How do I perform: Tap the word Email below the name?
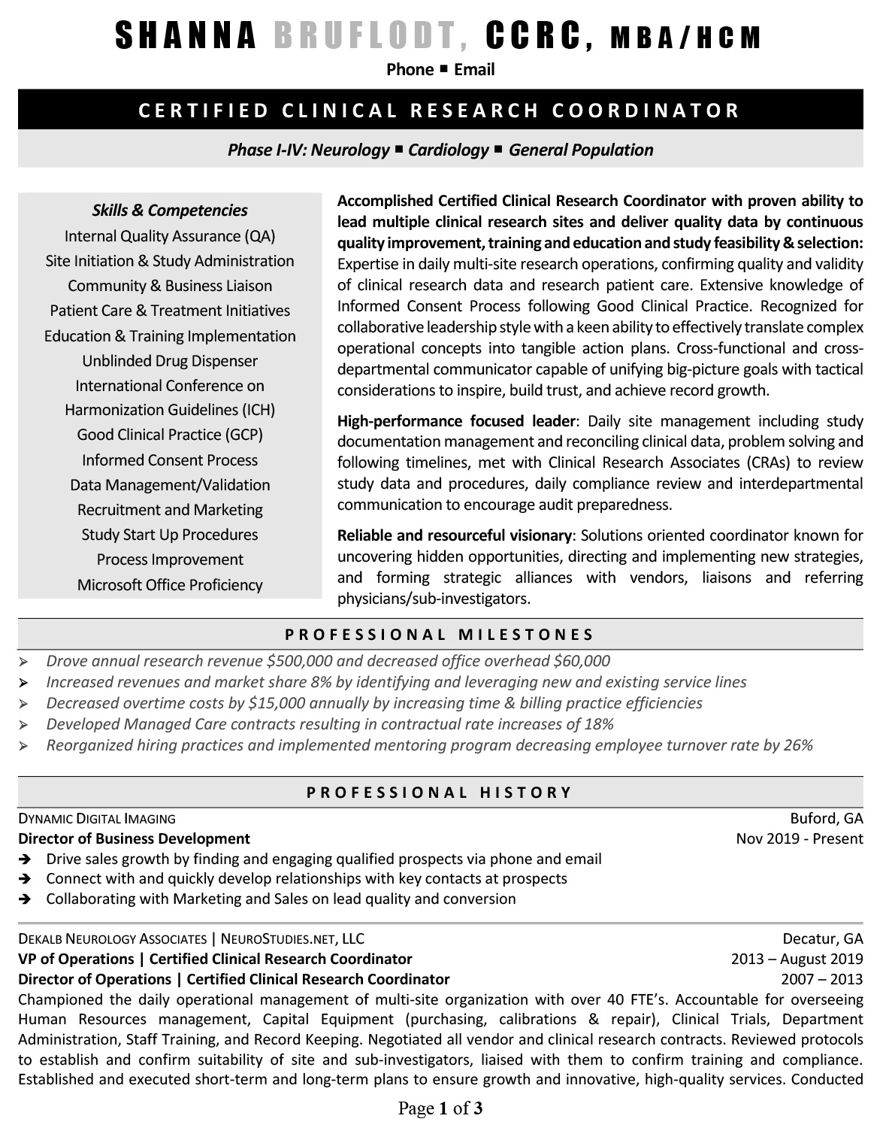(474, 70)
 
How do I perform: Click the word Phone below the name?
(410, 70)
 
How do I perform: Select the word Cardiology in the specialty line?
(449, 150)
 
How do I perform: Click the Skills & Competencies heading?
(170, 211)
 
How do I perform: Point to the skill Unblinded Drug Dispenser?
(170, 361)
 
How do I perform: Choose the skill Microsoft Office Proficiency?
(170, 585)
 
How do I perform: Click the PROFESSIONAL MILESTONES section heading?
(440, 634)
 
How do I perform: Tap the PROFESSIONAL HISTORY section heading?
(440, 792)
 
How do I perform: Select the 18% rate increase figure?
(598, 724)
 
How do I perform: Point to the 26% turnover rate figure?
(797, 745)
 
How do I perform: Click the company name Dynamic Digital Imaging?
(97, 818)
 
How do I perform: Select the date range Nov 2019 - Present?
(800, 838)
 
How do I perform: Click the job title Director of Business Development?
(134, 838)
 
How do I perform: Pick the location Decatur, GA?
(823, 938)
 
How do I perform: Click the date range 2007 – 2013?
(822, 979)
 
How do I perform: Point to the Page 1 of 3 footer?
(440, 1108)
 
